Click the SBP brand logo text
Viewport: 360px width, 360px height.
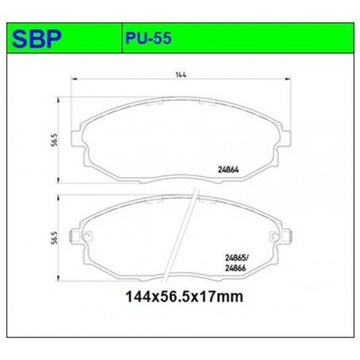point(37,38)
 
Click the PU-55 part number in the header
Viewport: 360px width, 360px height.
point(148,38)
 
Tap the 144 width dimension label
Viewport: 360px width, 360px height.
point(181,75)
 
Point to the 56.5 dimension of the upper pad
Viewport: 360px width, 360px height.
point(54,140)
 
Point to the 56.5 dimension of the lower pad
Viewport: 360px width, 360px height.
point(54,238)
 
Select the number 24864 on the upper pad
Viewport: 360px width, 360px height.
point(228,170)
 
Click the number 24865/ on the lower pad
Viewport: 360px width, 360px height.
point(236,258)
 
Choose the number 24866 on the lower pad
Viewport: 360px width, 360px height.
point(236,268)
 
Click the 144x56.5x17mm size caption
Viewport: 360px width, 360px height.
point(184,296)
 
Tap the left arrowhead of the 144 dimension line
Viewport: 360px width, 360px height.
point(74,79)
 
